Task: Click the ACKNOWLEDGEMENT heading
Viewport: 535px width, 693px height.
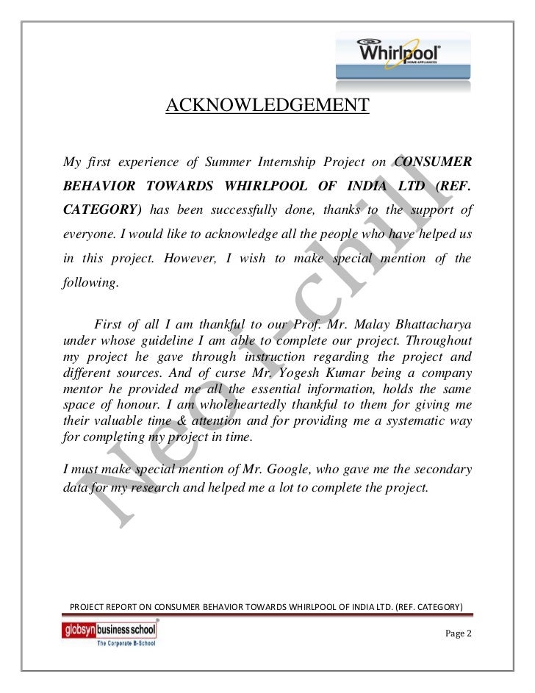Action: point(267,106)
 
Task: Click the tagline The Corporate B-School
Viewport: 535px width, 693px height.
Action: point(113,643)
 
